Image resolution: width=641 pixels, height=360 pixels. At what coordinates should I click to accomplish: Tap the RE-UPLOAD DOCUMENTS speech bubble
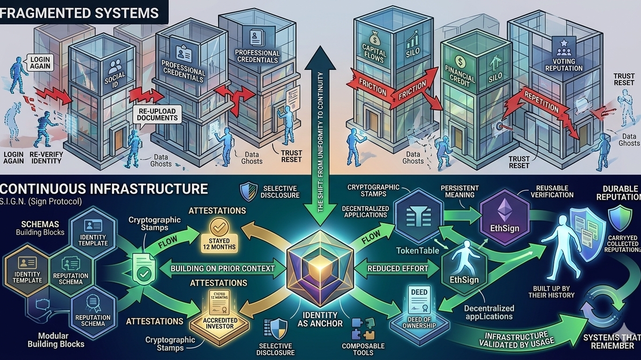pos(157,114)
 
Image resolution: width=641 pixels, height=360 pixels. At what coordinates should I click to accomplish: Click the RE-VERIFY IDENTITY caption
pos(45,157)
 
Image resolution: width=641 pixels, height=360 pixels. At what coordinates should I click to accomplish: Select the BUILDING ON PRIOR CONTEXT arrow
pos(223,269)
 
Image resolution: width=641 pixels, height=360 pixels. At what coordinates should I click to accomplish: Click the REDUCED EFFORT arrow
pos(398,269)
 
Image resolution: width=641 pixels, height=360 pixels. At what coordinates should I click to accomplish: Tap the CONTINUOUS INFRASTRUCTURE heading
pos(104,189)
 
